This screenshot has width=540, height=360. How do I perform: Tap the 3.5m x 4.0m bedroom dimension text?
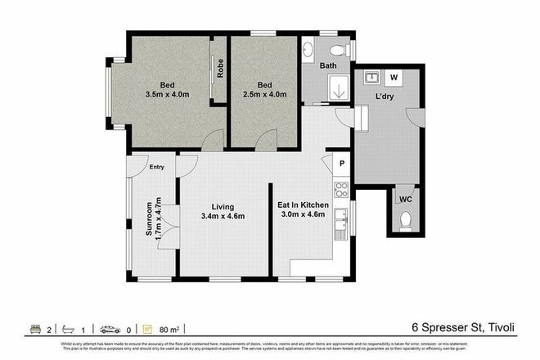click(x=167, y=94)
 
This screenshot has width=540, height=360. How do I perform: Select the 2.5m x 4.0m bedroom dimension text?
click(x=264, y=94)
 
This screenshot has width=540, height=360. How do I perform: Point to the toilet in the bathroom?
click(x=345, y=50)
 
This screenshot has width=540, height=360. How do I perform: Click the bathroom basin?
click(x=308, y=50)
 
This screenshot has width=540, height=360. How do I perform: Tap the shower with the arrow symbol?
click(x=338, y=91)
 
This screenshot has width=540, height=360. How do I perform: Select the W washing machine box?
click(x=394, y=79)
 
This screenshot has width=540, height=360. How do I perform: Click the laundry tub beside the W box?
click(x=371, y=79)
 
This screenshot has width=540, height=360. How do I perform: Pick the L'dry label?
click(x=385, y=98)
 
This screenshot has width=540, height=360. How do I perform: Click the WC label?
click(x=405, y=199)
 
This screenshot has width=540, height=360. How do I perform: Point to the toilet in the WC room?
click(x=405, y=221)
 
